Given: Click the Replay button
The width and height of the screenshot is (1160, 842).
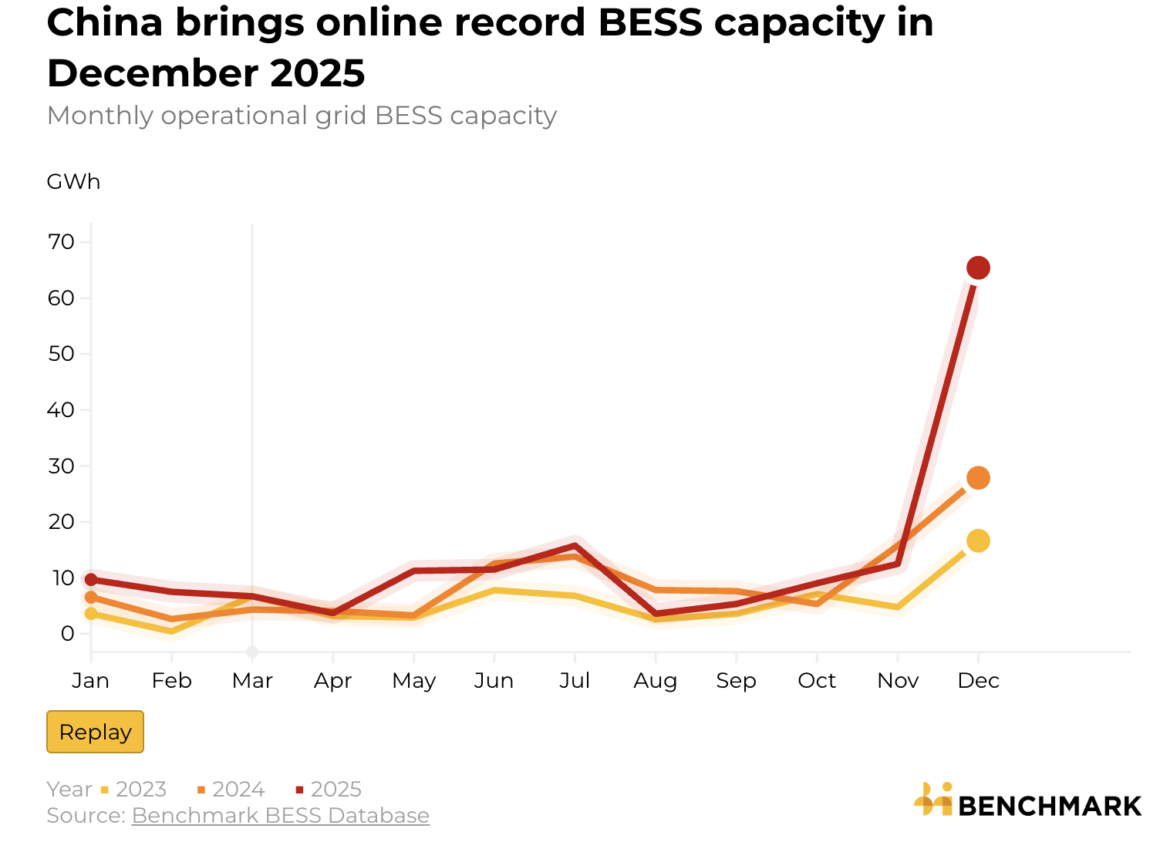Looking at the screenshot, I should click(95, 732).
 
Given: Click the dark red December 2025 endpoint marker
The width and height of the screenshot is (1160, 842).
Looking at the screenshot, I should click(978, 268).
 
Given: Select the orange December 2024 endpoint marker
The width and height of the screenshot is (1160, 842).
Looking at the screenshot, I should click(978, 478).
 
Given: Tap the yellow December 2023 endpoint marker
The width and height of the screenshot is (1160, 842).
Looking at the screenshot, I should click(978, 541).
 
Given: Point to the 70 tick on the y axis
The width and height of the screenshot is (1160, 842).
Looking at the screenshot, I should click(62, 242).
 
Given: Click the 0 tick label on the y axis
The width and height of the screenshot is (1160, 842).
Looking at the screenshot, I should click(68, 634).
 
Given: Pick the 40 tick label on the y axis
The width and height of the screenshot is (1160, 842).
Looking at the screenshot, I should click(62, 410).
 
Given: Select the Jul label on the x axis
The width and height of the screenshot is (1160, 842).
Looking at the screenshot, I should click(575, 681).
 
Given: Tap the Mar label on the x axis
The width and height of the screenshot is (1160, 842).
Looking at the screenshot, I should click(252, 681).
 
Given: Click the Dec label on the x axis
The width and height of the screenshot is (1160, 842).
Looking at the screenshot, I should click(978, 681).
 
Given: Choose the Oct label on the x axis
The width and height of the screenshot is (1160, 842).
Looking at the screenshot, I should click(817, 681).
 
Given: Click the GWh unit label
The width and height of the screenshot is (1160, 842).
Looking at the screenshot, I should click(73, 182).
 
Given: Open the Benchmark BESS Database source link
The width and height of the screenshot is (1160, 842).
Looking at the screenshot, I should click(280, 816).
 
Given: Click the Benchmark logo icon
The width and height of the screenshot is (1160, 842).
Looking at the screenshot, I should click(933, 800).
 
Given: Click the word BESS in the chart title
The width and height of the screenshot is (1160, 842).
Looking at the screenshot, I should click(649, 23).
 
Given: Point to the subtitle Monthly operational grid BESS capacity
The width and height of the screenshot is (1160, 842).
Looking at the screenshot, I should click(302, 116).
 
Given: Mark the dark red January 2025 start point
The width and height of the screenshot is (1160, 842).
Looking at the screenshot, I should click(91, 579).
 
